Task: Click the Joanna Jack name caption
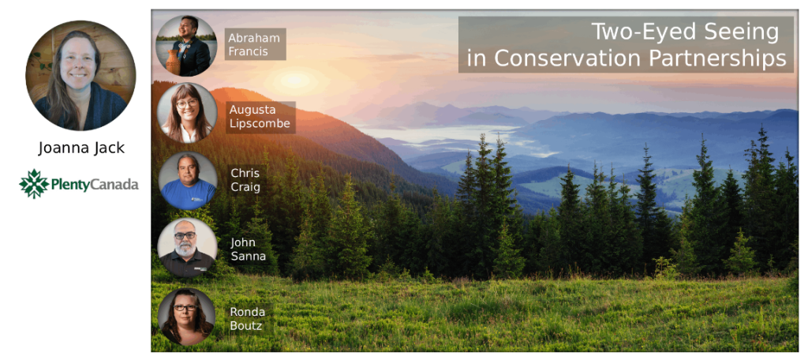pos(81,148)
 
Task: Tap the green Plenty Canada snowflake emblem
pos(33,184)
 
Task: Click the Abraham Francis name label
pos(255,44)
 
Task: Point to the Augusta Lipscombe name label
pos(260,117)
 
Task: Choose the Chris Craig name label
pos(245,180)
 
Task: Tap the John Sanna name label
pos(248,249)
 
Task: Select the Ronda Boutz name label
pos(248,319)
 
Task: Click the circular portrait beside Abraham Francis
pos(186,46)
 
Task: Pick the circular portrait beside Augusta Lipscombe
pos(187,112)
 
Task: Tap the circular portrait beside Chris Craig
pos(187,181)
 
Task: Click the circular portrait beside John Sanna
pos(187,248)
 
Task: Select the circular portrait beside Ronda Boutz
pos(186,316)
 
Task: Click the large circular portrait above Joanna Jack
pos(81,75)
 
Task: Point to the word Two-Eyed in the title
pos(636,32)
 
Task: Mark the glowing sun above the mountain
pos(294,81)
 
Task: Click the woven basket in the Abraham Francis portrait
pos(173,63)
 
